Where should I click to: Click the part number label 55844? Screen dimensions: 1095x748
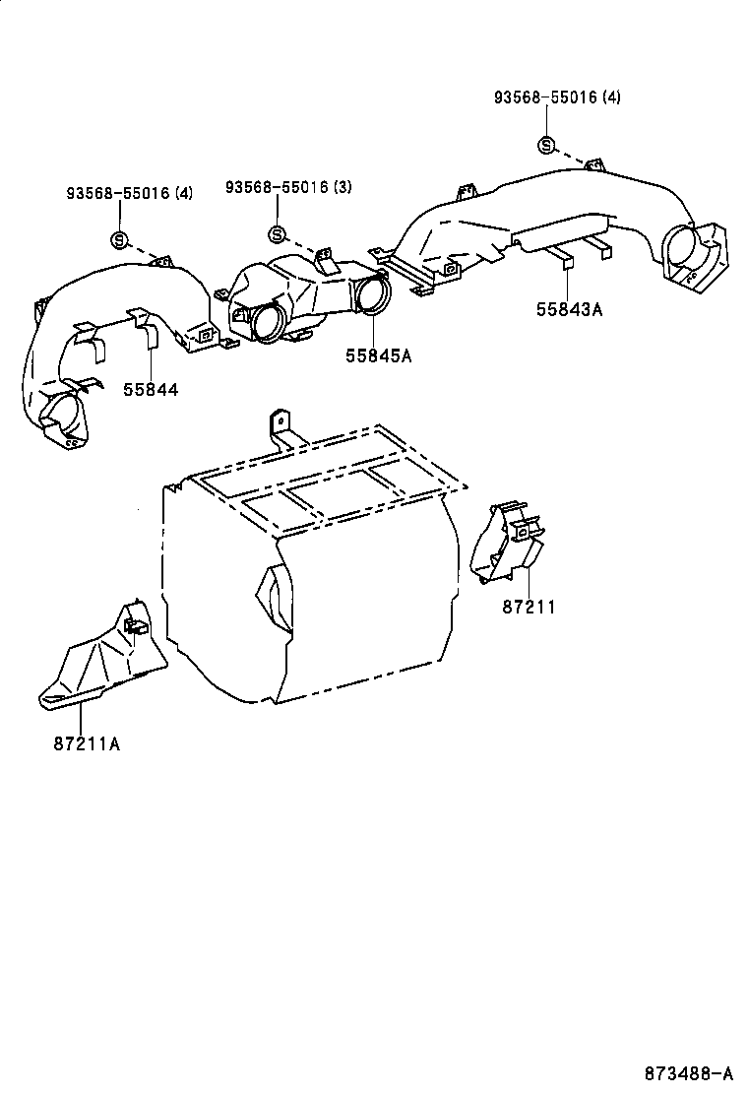coord(151,389)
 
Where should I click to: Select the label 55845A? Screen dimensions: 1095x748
coord(378,355)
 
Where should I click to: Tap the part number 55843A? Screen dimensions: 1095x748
coord(569,309)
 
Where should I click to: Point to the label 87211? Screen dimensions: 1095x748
coord(529,607)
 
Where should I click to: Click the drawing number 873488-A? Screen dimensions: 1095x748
coord(689,1072)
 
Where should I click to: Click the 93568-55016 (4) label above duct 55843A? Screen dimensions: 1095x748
coord(557,97)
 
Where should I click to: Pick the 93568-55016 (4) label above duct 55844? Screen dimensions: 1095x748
coord(130,193)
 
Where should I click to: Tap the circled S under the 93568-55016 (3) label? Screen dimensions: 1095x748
coord(278,234)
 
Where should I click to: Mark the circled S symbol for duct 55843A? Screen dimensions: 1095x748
coord(545,146)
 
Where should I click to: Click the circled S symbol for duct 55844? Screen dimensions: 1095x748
coord(119,238)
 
